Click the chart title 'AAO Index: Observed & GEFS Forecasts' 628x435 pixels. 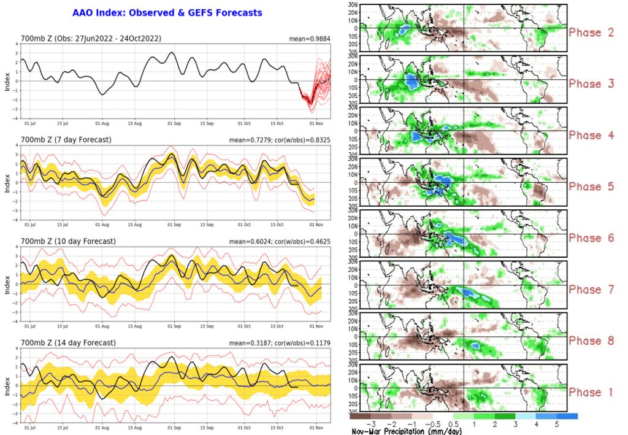pos(167,12)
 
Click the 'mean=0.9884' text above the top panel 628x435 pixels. pos(310,39)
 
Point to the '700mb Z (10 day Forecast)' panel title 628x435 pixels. pos(67,241)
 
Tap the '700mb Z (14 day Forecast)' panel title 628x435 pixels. pos(67,342)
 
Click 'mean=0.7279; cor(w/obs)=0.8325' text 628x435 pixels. pos(280,140)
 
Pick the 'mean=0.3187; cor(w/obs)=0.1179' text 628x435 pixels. pos(280,342)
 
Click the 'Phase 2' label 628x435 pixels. pos(591,32)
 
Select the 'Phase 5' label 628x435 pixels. pos(591,187)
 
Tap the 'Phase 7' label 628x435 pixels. pos(591,289)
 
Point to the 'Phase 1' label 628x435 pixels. pos(591,392)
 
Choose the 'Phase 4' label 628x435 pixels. pos(591,135)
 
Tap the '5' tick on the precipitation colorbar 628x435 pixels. pos(557,423)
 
